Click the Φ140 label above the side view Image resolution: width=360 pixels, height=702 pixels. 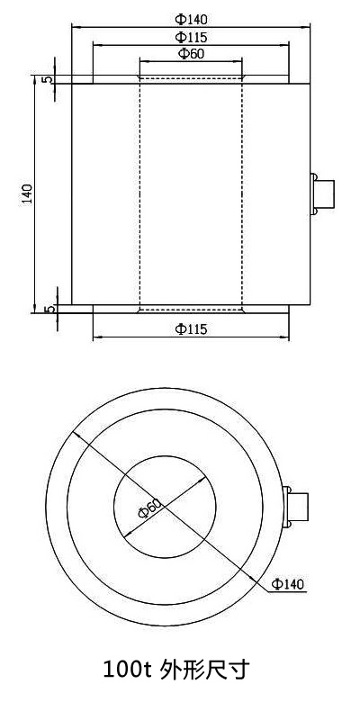coord(190,19)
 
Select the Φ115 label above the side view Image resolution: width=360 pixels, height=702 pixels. coord(190,38)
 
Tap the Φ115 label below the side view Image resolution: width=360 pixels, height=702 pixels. coord(191,329)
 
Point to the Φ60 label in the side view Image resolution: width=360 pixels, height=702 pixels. coord(190,55)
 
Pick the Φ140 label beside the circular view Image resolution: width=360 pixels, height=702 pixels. coord(288,584)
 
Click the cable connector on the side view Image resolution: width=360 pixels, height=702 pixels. coord(321,193)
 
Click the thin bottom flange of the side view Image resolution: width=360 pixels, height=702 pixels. coord(191,309)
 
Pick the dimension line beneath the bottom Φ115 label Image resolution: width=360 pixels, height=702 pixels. coord(191,338)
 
